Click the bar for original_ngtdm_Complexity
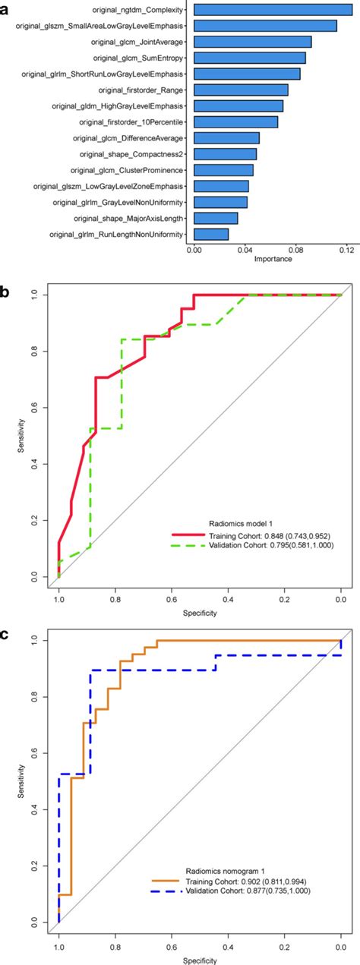[273, 10]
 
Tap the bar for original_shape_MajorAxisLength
[216, 218]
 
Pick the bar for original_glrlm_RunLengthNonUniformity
[211, 234]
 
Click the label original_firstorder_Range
[139, 90]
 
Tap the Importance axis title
[273, 259]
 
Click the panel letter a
[6, 6]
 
